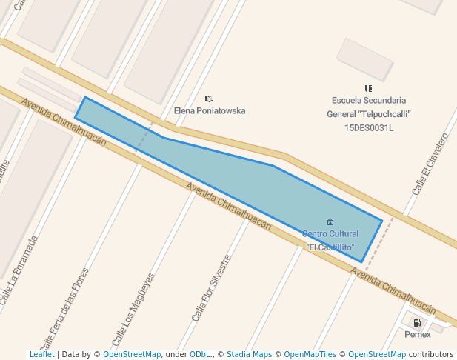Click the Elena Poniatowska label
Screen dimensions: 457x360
pos(210,111)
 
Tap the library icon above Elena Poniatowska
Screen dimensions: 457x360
pos(210,99)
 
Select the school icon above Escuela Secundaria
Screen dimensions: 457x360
pos(368,88)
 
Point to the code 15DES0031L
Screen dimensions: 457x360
pos(369,127)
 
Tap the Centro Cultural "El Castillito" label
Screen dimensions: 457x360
pos(330,240)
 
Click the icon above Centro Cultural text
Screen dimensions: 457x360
pos(330,221)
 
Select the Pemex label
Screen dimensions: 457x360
pos(418,335)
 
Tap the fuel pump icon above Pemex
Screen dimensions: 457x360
pos(417,323)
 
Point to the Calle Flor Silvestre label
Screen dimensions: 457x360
pos(212,288)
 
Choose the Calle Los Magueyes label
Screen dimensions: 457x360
pos(133,310)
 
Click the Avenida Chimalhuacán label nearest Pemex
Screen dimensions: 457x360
pos(393,291)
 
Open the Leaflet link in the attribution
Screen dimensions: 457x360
pos(41,355)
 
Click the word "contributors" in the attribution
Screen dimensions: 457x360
pos(431,355)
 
